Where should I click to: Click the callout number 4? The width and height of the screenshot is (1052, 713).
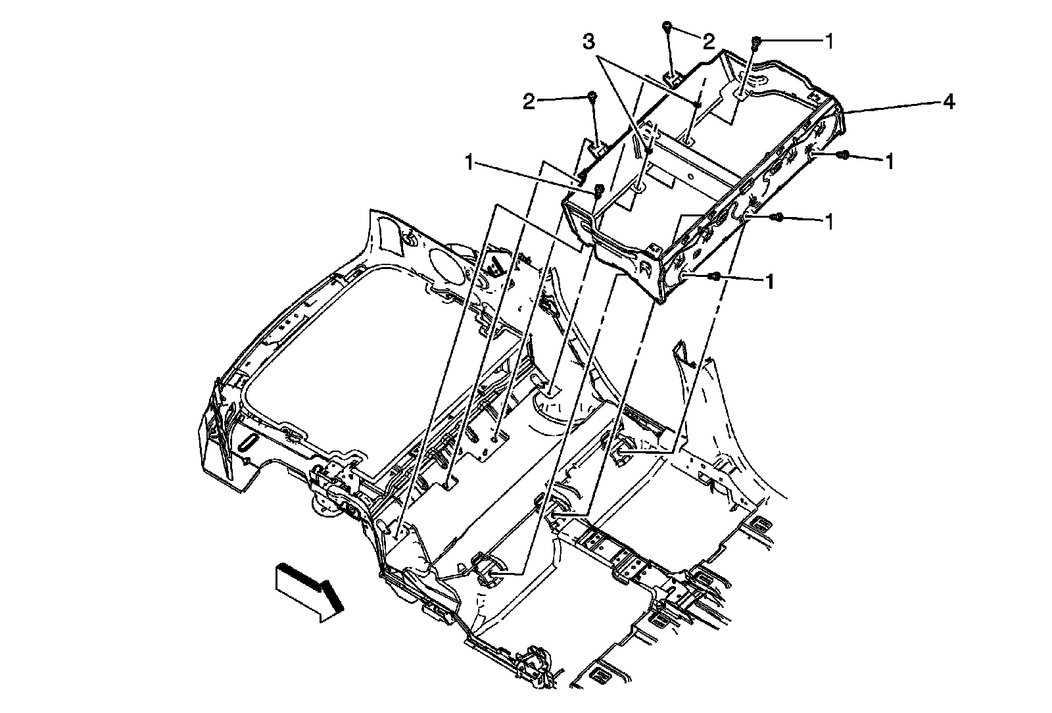coord(947,102)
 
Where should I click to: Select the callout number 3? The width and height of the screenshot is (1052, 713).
coord(590,43)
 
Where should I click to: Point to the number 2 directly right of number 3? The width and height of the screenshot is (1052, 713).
coord(708,43)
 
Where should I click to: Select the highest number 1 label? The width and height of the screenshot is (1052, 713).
coord(829,41)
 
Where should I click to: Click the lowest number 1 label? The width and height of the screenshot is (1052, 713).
coord(768,282)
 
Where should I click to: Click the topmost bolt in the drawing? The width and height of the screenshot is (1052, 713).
coord(667,26)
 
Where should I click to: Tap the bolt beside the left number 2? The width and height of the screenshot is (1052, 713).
coord(592,97)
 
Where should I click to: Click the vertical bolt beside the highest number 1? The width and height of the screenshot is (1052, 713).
coord(755,41)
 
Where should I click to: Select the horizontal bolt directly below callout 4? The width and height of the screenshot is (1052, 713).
coord(844,155)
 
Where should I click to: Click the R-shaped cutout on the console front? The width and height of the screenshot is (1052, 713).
coord(645,268)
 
